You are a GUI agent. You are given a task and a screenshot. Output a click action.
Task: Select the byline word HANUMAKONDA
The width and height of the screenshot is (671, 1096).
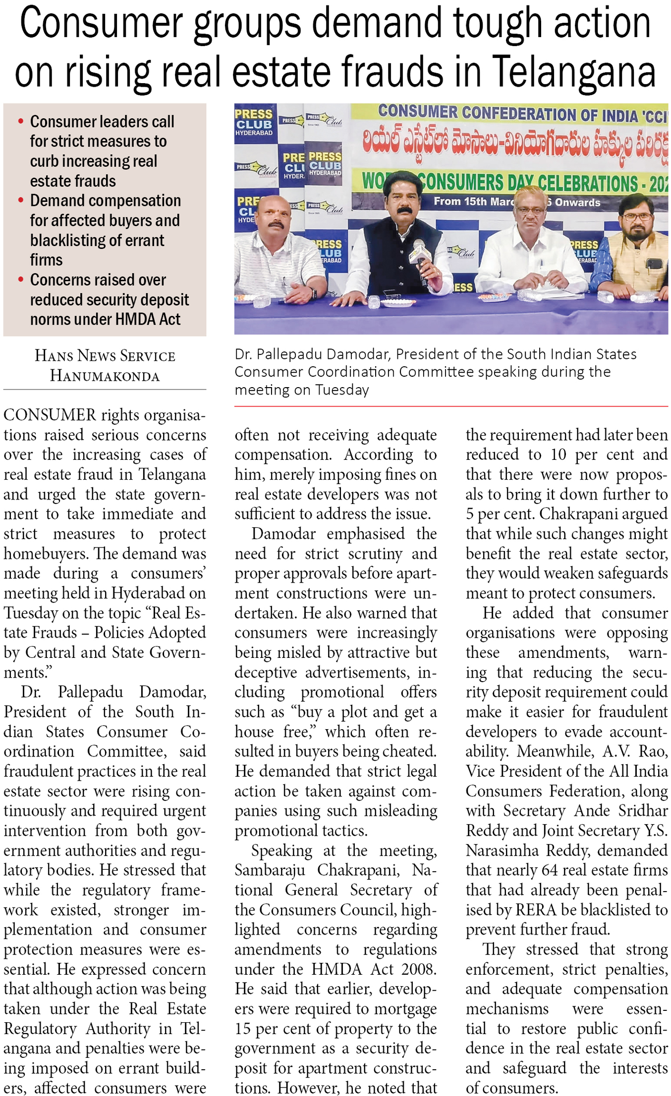pyautogui.click(x=105, y=376)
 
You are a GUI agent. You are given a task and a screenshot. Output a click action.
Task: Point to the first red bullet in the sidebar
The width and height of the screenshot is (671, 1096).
pyautogui.click(x=20, y=121)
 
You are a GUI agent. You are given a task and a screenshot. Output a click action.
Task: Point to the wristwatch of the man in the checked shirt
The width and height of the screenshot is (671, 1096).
pyautogui.click(x=313, y=293)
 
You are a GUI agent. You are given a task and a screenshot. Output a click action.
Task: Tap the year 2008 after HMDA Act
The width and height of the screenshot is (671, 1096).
pyautogui.click(x=419, y=969)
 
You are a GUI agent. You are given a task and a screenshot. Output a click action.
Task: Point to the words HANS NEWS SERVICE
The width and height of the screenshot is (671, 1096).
pyautogui.click(x=105, y=356)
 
